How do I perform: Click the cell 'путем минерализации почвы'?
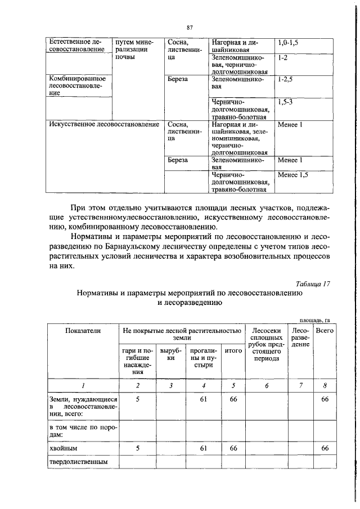132,51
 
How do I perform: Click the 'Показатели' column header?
82,331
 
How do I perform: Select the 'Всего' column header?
325,331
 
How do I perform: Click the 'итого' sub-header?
232,350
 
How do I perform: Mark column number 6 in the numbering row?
267,385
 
